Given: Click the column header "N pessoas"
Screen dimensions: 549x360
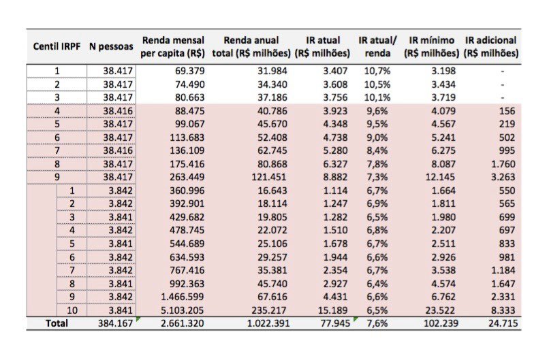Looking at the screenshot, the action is (111, 46).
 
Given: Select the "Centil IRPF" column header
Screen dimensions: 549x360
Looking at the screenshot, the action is (57, 46).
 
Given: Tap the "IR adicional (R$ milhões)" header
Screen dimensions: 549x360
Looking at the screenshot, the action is (491, 46).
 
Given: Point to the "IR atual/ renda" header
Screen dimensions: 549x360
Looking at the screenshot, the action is (377, 46).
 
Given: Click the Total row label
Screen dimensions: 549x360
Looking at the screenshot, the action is (57, 323).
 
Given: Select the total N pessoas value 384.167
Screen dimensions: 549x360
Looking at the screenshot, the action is (115, 323).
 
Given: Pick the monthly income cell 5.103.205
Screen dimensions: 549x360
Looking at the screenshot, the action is (182, 310).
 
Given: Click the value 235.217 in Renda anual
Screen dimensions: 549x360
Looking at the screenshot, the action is (268, 310).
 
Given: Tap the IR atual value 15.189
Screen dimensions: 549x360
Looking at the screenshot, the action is (332, 310).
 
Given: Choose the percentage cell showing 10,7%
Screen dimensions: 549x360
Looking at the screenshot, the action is (377, 71).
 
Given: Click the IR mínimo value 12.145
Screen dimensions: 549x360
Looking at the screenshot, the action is (440, 177).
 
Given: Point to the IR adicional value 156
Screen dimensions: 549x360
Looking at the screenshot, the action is (507, 111).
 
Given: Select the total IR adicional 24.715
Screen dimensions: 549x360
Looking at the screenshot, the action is (503, 323).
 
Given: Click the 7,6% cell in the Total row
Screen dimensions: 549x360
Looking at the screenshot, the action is (377, 323).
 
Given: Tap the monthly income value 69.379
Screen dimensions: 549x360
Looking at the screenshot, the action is (189, 71).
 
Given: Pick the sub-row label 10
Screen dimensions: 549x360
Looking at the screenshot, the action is (72, 310).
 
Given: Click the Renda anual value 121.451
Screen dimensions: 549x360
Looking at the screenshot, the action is (268, 177).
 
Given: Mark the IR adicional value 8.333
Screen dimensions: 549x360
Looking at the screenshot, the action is (503, 310).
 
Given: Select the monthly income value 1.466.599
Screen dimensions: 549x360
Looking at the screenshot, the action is (182, 297).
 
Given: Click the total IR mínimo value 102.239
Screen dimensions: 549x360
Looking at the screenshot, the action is (441, 323).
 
